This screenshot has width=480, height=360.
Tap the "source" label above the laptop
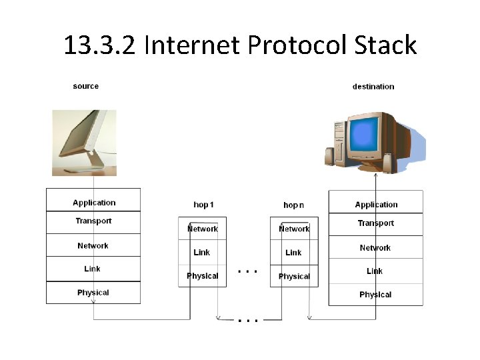[x=86, y=86]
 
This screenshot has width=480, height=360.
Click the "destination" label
[x=373, y=86]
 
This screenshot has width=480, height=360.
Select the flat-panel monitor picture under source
[x=84, y=142]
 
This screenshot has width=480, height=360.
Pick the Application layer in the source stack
[x=93, y=201]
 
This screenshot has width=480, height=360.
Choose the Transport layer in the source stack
[x=93, y=221]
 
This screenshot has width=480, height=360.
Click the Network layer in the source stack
[x=93, y=245]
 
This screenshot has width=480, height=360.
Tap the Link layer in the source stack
[x=93, y=269]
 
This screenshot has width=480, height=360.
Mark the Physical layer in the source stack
[x=93, y=292]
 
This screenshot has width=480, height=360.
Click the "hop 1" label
[x=203, y=205]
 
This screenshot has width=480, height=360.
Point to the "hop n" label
[x=293, y=205]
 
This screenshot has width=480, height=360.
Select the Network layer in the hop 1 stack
[x=203, y=229]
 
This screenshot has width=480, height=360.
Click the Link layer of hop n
[x=294, y=253]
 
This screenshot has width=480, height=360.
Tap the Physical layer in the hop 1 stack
[x=203, y=276]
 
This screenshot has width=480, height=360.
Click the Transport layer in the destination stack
[x=376, y=223]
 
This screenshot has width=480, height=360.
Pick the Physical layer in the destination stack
[x=376, y=294]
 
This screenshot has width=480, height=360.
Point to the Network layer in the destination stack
[x=376, y=247]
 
